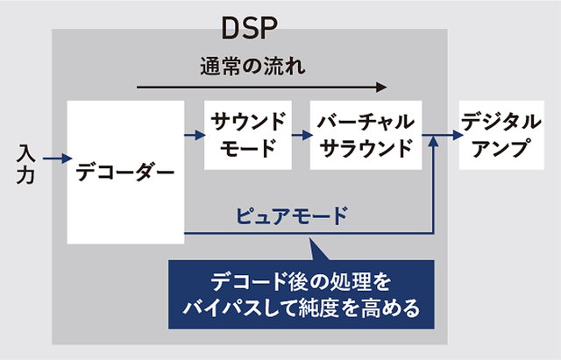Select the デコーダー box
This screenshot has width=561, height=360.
(125, 172)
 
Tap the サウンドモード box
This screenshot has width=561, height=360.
(247, 135)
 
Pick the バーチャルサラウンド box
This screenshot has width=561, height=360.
(360, 135)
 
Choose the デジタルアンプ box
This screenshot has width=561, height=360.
(495, 135)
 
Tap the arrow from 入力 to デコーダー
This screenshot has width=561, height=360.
(54, 159)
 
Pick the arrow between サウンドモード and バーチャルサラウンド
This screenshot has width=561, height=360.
(301, 136)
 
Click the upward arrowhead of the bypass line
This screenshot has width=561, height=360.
(435, 144)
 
